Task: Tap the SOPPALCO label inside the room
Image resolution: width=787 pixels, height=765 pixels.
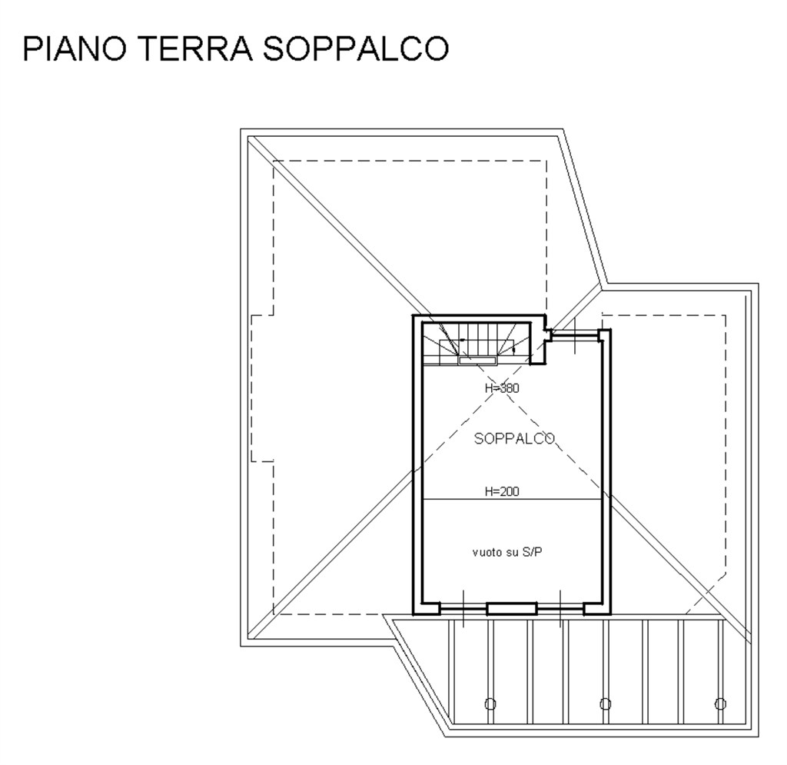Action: coord(514,439)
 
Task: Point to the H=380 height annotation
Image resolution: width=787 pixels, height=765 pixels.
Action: coord(502,388)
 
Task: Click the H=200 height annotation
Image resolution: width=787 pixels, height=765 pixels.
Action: coord(502,491)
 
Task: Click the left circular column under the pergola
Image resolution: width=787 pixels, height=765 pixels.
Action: coord(490,703)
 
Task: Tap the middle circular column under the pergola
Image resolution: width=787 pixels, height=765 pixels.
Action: coord(605,703)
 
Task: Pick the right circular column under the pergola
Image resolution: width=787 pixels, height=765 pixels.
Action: coord(719,703)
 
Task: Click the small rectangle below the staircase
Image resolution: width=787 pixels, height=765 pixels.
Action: coord(477,359)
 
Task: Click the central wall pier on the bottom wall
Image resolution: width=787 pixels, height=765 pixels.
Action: coord(511,609)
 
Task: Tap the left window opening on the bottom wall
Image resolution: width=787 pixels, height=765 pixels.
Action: coord(463,609)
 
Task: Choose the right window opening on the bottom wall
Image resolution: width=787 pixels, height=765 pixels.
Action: coord(560,609)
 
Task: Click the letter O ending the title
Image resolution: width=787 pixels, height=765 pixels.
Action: coord(432,48)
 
